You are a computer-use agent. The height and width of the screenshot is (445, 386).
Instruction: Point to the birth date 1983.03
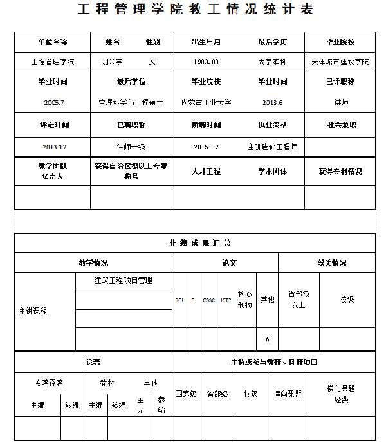tap(206, 62)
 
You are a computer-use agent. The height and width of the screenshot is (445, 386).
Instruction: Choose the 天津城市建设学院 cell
tap(340, 62)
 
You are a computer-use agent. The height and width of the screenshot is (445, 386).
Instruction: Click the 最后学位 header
tap(131, 82)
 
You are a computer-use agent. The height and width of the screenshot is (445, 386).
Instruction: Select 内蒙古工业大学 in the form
tap(206, 102)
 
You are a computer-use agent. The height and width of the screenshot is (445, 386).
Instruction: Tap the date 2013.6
tap(272, 102)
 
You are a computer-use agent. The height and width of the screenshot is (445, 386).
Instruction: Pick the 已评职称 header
tap(340, 82)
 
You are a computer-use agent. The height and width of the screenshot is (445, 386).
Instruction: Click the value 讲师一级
tap(131, 147)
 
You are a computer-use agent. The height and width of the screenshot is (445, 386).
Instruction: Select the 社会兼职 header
tap(340, 125)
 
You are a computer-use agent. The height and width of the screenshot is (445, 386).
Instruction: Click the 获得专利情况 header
tap(340, 172)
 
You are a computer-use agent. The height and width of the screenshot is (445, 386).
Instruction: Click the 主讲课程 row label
tap(33, 311)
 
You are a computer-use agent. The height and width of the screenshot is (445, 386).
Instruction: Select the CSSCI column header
tap(210, 300)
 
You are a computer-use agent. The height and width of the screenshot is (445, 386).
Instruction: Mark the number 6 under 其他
tap(267, 339)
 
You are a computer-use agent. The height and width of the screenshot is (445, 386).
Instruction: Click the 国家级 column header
tap(187, 394)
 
